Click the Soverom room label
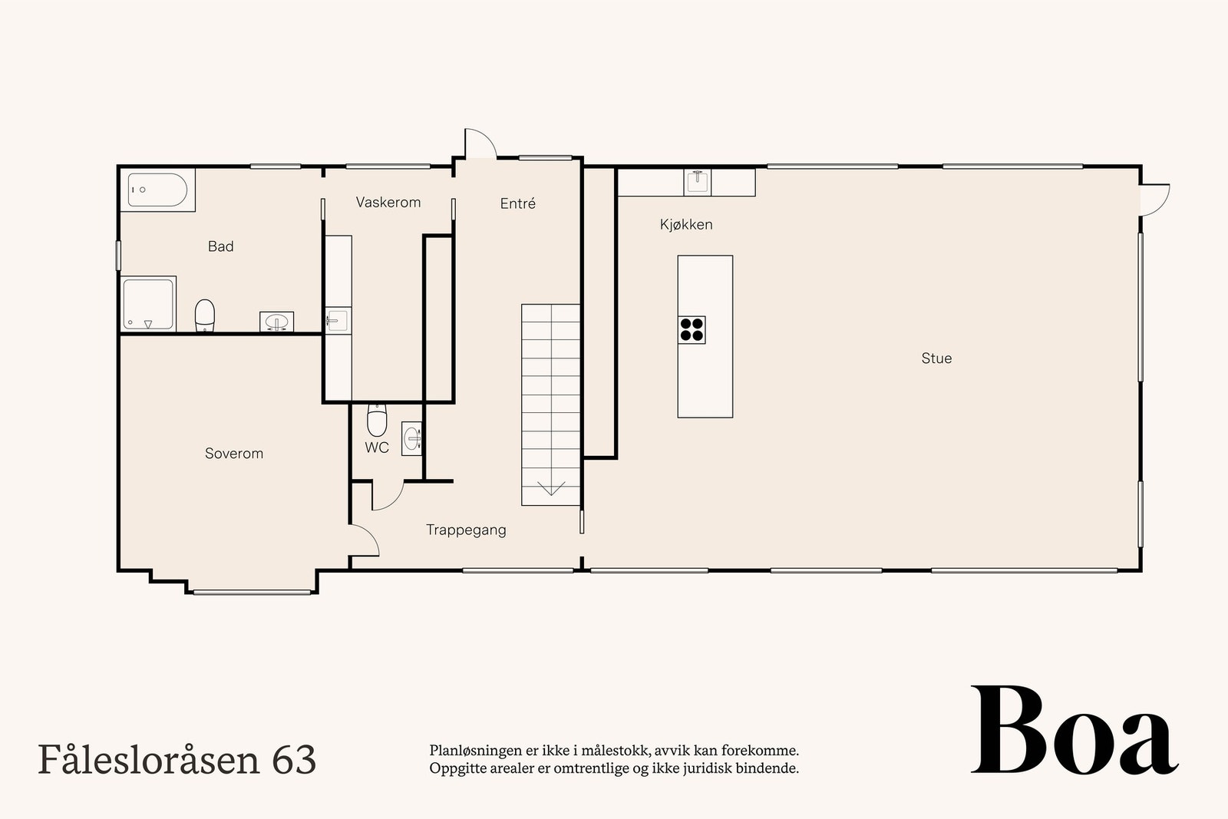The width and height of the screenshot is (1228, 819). tap(233, 454)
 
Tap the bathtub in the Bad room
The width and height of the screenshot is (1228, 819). tap(157, 190)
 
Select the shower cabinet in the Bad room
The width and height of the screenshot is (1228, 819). tap(148, 304)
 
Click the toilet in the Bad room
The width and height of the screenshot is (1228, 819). tap(204, 315)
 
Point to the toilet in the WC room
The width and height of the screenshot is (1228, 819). tap(377, 420)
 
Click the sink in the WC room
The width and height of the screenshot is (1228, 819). tap(412, 439)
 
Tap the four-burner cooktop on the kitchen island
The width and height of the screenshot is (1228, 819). tap(692, 329)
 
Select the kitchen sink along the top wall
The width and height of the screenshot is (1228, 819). tap(698, 182)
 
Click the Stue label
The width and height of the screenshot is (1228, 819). tap(936, 358)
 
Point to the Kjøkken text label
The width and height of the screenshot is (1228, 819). tap(686, 225)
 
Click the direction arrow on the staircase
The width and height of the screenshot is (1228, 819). tap(551, 488)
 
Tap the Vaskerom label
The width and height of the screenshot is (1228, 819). tap(388, 203)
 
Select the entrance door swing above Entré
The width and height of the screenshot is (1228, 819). tap(479, 144)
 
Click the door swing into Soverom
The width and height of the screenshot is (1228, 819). tap(365, 540)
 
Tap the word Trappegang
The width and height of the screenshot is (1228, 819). tap(466, 530)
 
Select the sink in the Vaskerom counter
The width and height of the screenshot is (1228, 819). tap(337, 320)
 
